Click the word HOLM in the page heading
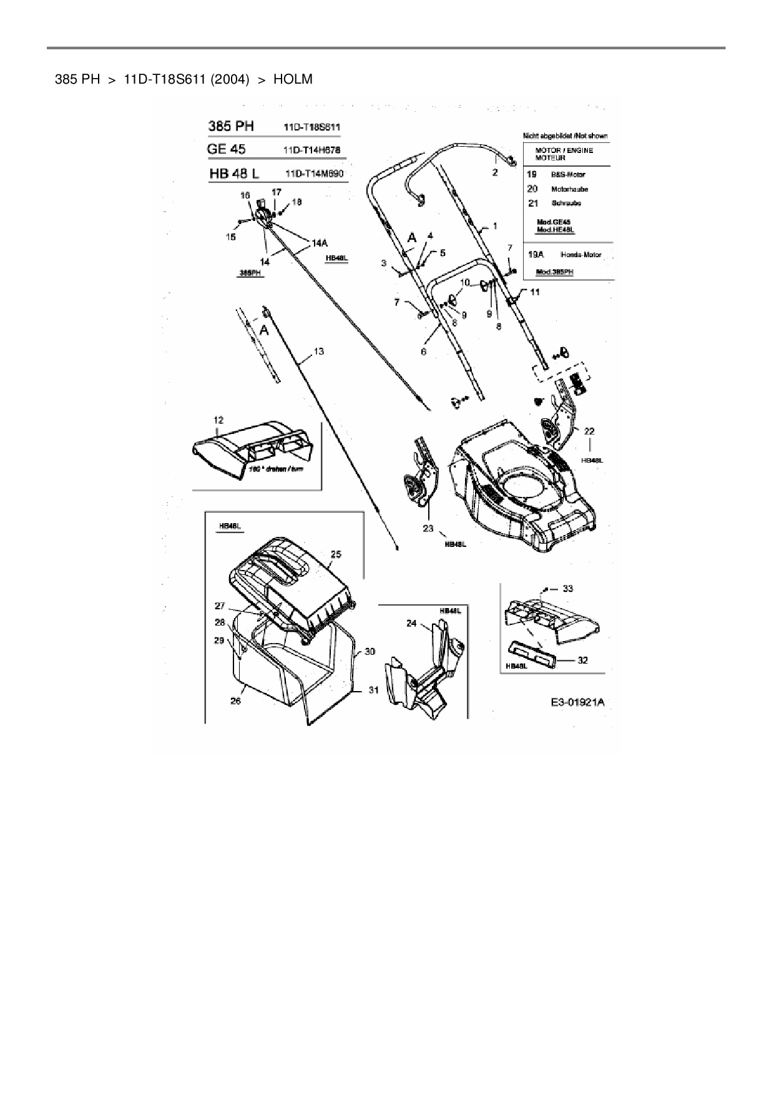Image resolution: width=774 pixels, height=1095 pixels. [293, 79]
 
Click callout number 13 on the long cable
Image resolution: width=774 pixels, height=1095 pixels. [318, 351]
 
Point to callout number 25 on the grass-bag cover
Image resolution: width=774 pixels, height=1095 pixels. [336, 554]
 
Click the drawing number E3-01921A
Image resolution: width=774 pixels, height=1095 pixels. [577, 702]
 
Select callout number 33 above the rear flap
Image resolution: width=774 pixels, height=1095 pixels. [567, 588]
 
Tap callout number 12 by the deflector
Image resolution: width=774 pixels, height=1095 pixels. [218, 420]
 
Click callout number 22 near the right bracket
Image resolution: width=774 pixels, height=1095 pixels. [589, 431]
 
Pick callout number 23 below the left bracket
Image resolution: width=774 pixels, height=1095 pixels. [428, 528]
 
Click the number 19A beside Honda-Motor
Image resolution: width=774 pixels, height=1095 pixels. [536, 255]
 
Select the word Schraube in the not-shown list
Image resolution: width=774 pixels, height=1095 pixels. [566, 204]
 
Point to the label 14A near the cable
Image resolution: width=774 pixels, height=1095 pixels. [320, 244]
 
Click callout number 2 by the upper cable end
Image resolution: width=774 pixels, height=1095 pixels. [495, 173]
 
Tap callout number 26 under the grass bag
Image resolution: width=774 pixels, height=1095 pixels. [235, 701]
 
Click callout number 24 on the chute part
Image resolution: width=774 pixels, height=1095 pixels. [411, 623]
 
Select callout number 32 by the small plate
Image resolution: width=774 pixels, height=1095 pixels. [582, 660]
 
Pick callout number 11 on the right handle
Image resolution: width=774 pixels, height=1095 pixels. [535, 292]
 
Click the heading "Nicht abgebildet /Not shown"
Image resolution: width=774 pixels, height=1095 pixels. [564, 135]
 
